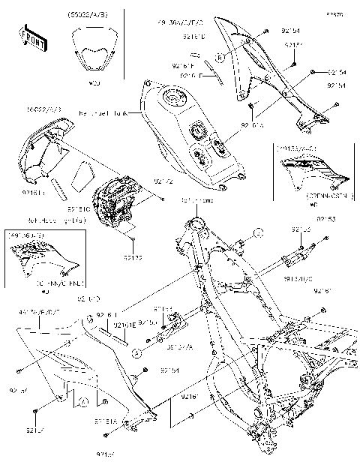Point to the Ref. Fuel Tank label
coord(103,112)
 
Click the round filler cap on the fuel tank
coord(177,99)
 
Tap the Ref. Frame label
coord(193,201)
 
